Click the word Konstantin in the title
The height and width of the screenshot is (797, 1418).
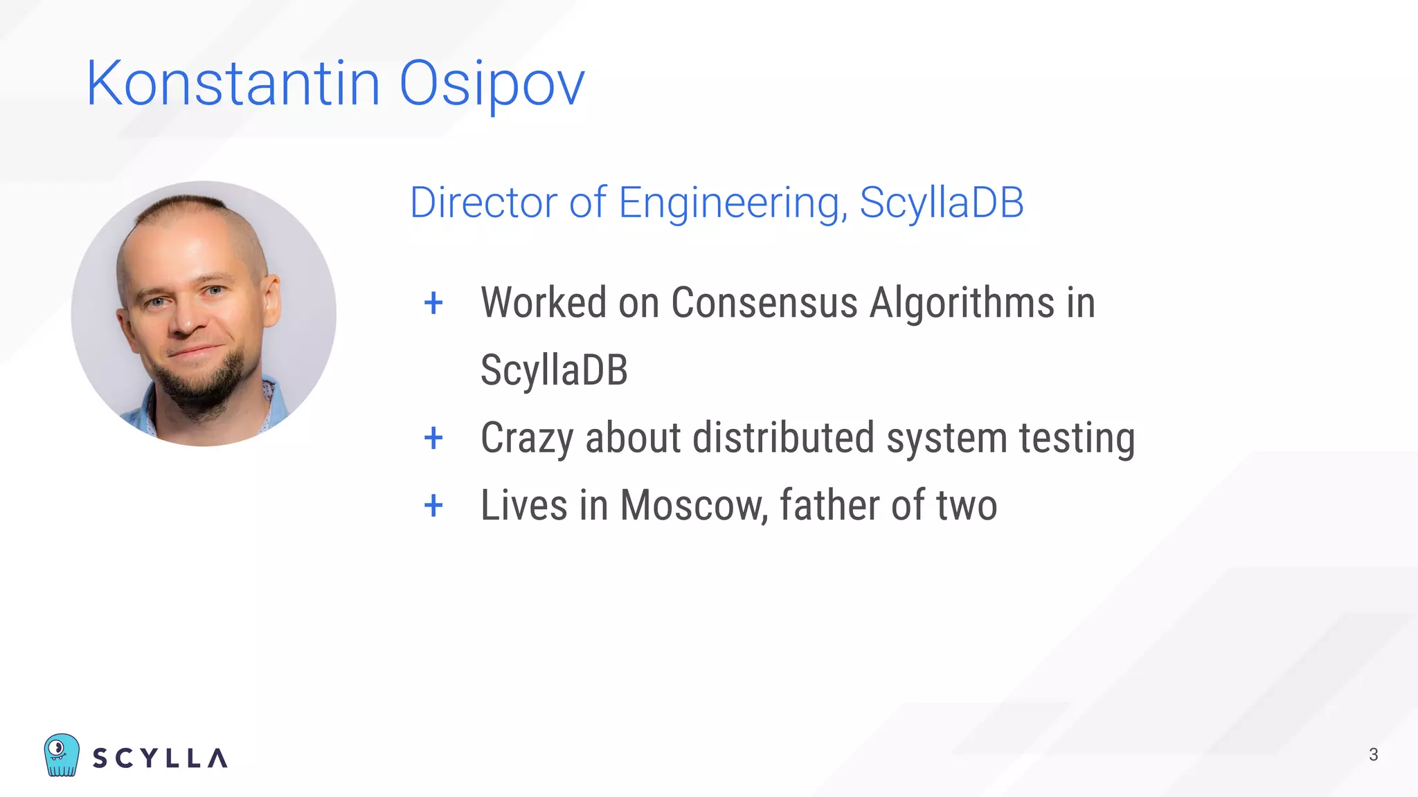tap(233, 84)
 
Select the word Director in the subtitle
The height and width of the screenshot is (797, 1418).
tap(483, 203)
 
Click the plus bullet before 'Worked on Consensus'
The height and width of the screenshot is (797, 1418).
tap(433, 303)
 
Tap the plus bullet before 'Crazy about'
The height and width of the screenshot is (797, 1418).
tap(433, 438)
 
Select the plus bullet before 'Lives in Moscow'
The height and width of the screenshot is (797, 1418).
tap(433, 505)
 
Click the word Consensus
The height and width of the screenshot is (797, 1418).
tap(764, 303)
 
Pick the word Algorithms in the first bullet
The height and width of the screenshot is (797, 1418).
tap(962, 303)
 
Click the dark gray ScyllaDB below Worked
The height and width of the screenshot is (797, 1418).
tap(554, 370)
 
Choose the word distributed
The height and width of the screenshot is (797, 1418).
tap(783, 438)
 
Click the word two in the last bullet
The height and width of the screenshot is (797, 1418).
tap(967, 506)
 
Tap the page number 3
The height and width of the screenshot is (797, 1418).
tap(1374, 755)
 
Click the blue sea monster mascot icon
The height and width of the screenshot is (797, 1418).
tap(62, 755)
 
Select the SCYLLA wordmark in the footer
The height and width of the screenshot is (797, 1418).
tap(160, 758)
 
